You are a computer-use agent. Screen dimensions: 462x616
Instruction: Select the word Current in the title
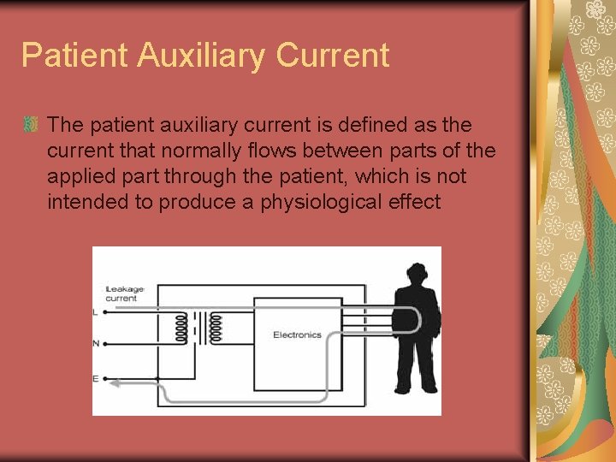332,55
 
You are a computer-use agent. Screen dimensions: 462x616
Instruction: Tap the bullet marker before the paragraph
30,126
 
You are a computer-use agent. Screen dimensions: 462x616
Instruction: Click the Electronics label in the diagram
297,335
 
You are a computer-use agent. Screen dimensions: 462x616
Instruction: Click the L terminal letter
95,313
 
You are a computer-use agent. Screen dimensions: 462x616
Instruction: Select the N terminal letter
96,344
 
